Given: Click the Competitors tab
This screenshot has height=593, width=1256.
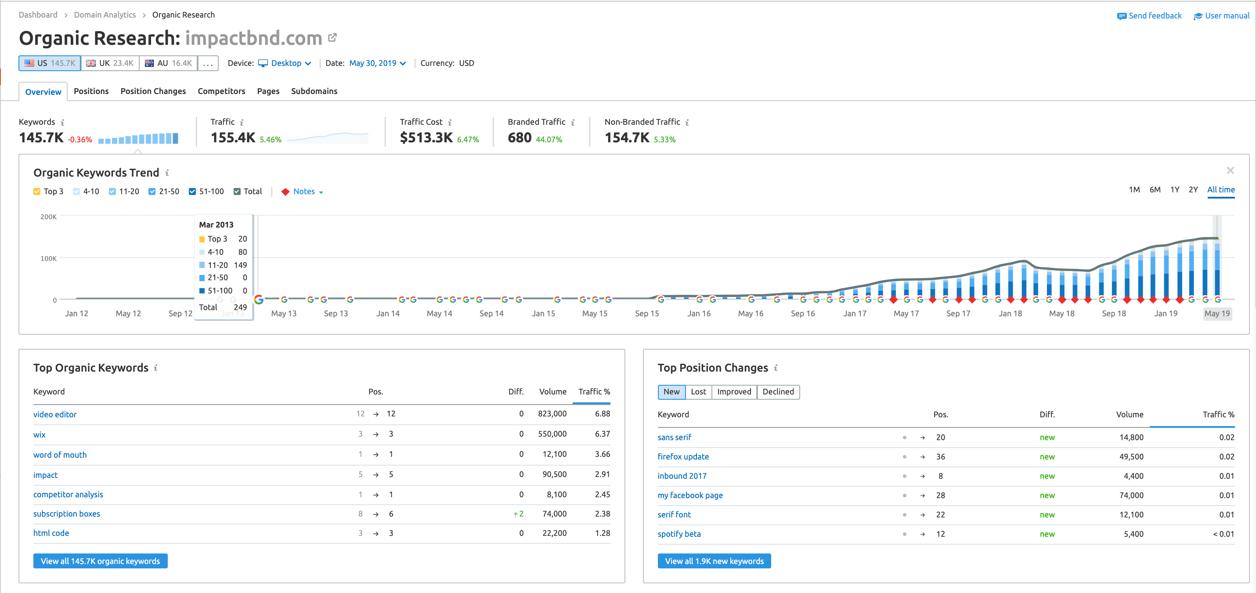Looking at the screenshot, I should tap(221, 91).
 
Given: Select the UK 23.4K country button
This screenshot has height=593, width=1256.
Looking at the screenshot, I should tap(110, 63).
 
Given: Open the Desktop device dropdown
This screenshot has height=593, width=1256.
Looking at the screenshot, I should tap(285, 63).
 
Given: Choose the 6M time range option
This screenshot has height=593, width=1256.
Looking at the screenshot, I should tap(1155, 190).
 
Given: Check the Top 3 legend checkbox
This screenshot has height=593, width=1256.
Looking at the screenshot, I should tap(37, 192).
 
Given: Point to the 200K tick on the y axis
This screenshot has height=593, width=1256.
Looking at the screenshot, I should tap(48, 217).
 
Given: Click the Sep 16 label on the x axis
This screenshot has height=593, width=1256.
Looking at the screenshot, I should tap(802, 314).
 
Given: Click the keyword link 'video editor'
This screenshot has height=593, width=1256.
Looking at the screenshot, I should tap(54, 415).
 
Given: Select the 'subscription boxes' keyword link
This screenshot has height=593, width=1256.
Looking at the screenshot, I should tap(66, 514).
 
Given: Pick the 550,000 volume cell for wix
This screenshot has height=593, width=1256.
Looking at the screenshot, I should tap(552, 434).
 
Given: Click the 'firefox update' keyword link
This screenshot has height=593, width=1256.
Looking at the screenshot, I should tap(683, 457).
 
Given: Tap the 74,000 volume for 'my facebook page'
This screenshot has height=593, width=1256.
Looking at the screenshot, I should tap(1131, 495).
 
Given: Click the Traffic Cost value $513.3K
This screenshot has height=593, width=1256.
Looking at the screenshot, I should tap(426, 138).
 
